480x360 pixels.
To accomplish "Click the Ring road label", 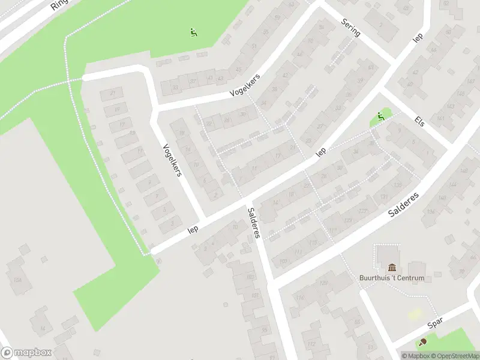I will click(61, 5).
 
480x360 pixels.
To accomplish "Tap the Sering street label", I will click(350, 28).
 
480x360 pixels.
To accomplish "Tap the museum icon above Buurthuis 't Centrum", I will click(392, 267).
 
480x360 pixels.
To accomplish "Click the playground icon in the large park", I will click(193, 32).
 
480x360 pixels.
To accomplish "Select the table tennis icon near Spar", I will click(423, 342).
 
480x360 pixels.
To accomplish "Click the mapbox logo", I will click(26, 353).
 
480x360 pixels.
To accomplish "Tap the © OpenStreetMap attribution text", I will click(455, 356).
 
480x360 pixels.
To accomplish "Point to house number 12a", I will click(18, 280).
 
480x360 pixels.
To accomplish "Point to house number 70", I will click(461, 272).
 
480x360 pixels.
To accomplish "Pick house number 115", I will click(313, 242).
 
